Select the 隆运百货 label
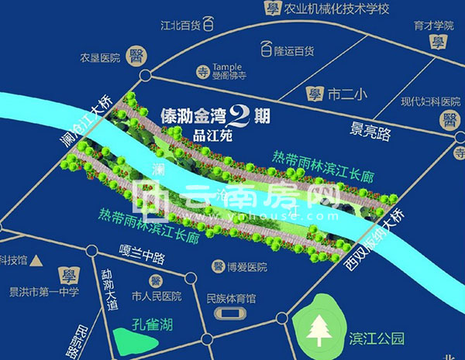pos(292,51)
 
